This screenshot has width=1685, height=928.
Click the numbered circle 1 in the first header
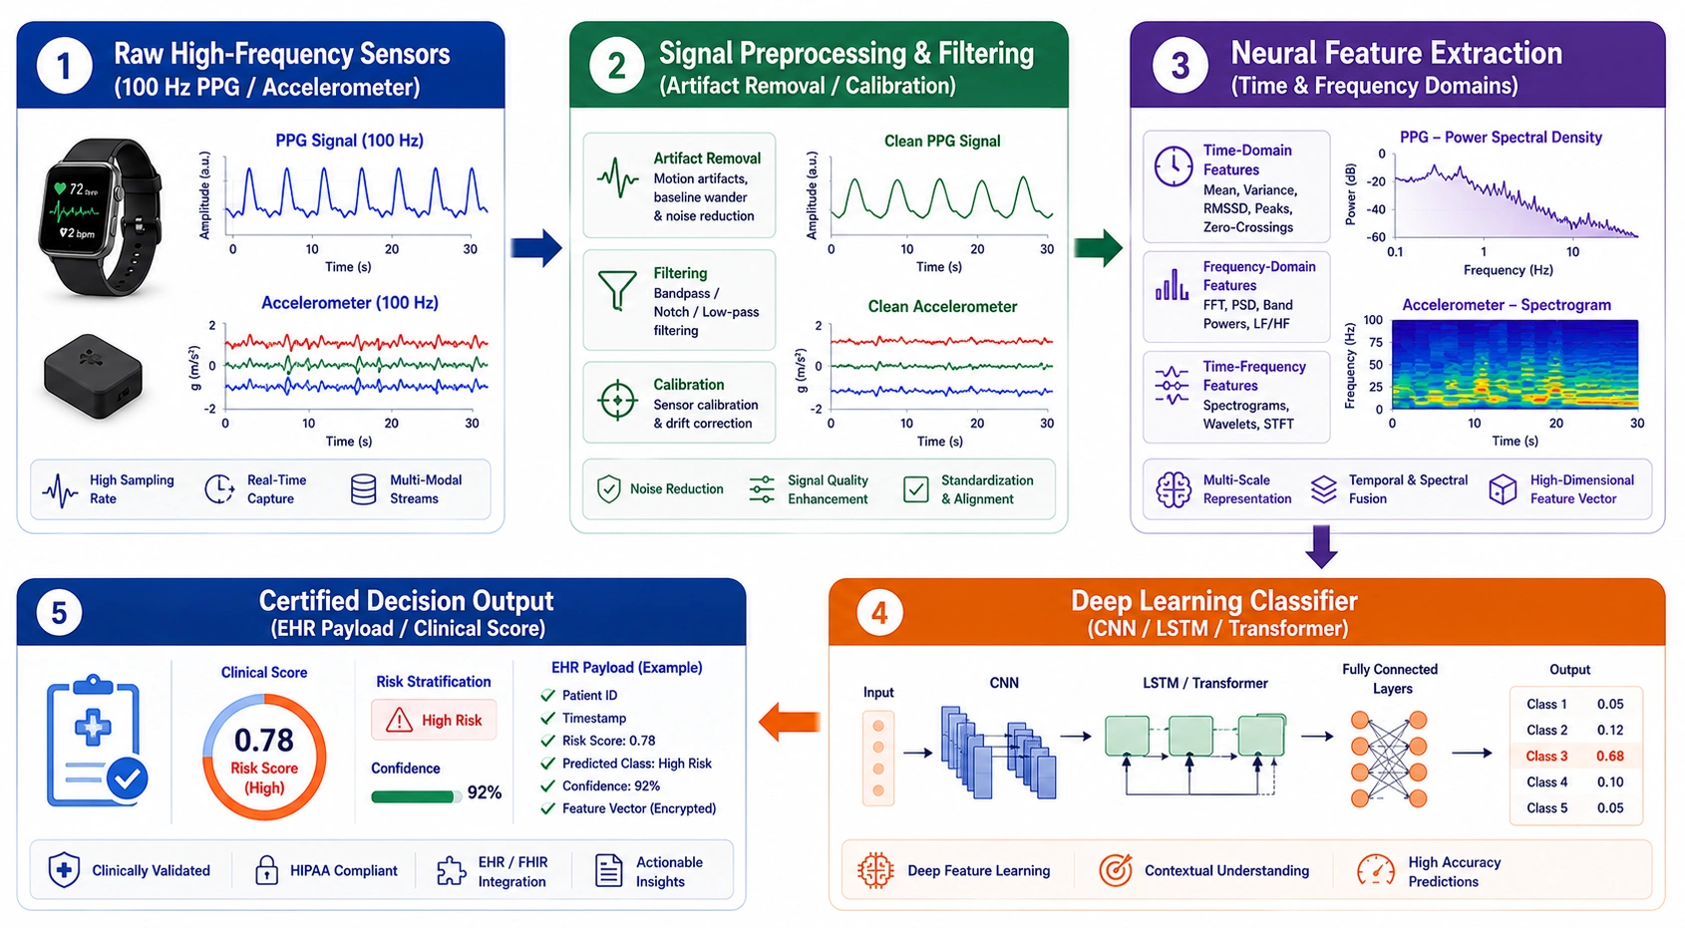65,66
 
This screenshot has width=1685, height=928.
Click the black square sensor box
93,375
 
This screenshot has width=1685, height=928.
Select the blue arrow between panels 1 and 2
536,247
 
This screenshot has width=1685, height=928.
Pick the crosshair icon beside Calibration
617,400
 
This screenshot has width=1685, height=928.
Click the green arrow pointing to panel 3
1099,247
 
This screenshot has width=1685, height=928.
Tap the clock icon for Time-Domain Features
1174,166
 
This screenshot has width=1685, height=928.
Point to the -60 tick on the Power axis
1376,237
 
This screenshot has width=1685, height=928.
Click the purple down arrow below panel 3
1322,546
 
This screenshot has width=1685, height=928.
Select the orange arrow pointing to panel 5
789,722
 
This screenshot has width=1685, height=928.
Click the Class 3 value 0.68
1610,756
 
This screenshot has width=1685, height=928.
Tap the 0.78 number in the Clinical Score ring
264,740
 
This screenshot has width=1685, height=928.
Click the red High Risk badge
434,721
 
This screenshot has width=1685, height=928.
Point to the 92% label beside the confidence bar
485,792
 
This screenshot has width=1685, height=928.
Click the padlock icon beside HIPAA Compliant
266,870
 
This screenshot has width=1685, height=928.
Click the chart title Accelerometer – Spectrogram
1506,305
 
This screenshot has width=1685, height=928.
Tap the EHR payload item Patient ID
589,695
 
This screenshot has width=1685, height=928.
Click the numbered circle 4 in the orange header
878,613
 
